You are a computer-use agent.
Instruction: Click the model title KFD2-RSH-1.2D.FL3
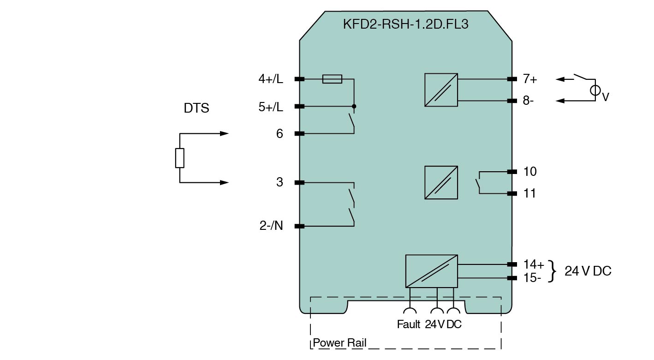[x=405, y=24]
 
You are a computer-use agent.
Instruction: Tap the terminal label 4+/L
[x=271, y=79]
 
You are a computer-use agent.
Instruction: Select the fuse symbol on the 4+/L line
[x=332, y=79]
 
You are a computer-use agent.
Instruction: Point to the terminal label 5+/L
[x=271, y=107]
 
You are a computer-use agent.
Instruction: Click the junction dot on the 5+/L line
[x=354, y=106]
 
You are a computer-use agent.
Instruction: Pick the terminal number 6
[x=279, y=134]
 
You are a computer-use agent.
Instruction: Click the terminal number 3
[x=279, y=182]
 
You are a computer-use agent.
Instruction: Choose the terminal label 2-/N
[x=271, y=226]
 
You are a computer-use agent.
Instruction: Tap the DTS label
[x=196, y=108]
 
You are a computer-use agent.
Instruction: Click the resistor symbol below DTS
[x=179, y=158]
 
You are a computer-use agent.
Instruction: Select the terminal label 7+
[x=529, y=79]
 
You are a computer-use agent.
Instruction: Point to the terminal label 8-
[x=528, y=101]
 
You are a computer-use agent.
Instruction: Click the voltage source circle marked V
[x=595, y=90]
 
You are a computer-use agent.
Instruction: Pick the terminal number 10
[x=529, y=172]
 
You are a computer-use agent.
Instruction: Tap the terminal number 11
[x=529, y=193]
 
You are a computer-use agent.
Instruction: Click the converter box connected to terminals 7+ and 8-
[x=441, y=90]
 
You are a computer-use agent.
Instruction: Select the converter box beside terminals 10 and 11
[x=441, y=183]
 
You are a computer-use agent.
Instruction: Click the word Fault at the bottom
[x=408, y=324]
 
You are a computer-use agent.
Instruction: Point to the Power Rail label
[x=339, y=343]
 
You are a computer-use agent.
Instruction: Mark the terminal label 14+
[x=534, y=264]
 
